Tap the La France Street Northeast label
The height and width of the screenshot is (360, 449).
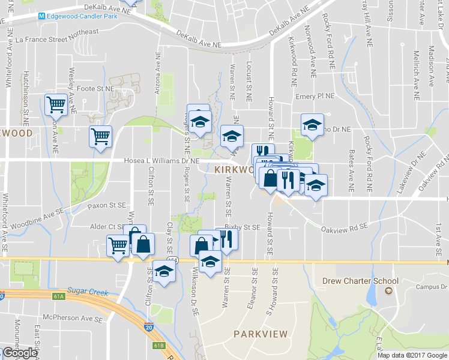pyautogui.click(x=57, y=40)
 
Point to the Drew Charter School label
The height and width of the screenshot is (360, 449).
pyautogui.click(x=360, y=281)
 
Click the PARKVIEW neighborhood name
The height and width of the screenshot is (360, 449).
pyautogui.click(x=261, y=334)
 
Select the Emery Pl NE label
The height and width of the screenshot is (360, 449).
pyautogui.click(x=315, y=96)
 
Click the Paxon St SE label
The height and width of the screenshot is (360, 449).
pyautogui.click(x=106, y=205)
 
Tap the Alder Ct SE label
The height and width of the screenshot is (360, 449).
pyautogui.click(x=103, y=227)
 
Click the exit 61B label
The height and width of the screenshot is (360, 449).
pyautogui.click(x=158, y=345)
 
